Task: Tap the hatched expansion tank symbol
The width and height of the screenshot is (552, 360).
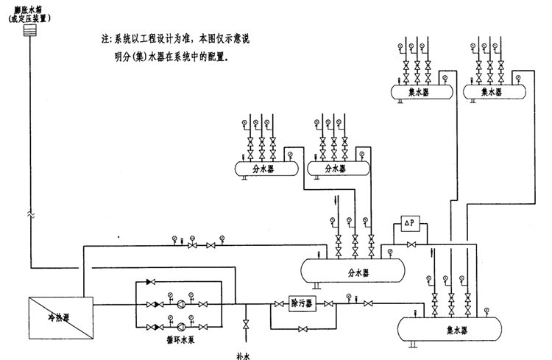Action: [x=30, y=32]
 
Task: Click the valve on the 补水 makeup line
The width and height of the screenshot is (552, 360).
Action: [x=244, y=325]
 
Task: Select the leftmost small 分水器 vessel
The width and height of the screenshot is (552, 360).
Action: [x=265, y=169]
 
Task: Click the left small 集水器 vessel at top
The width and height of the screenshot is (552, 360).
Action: [x=420, y=92]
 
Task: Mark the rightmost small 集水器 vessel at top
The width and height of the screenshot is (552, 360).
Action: [x=491, y=92]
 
